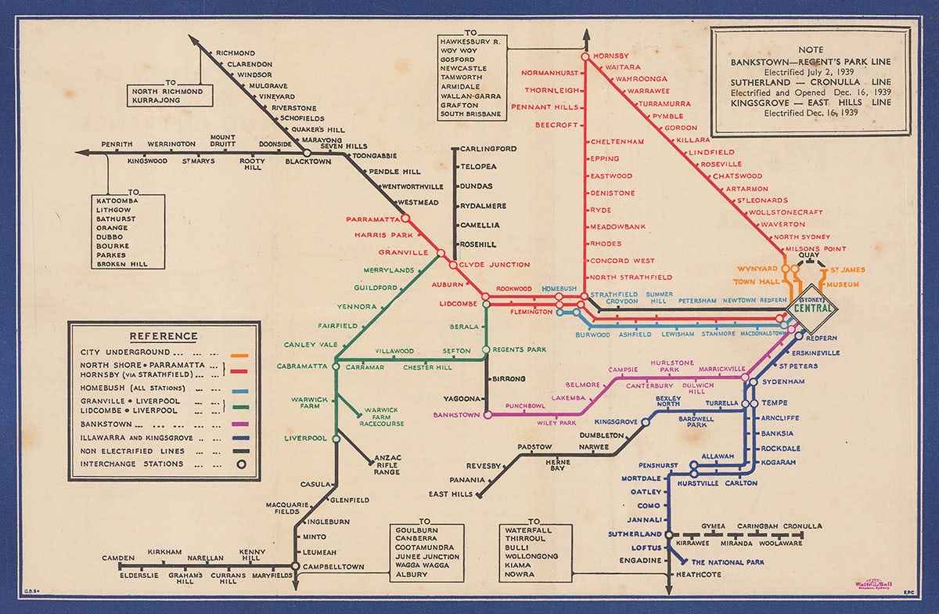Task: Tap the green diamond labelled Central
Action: (811, 307)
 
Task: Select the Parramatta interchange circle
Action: (405, 219)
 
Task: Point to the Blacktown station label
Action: (308, 162)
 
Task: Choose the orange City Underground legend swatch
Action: (239, 355)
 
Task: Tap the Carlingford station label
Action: (487, 149)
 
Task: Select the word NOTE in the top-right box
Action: (811, 49)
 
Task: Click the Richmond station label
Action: (236, 52)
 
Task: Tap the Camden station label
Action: (119, 558)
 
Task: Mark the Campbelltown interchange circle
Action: (295, 565)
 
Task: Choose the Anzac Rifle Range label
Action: (387, 464)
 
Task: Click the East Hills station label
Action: (451, 494)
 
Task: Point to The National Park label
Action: (727, 562)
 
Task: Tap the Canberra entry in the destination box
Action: (423, 538)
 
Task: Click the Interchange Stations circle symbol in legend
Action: (242, 464)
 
